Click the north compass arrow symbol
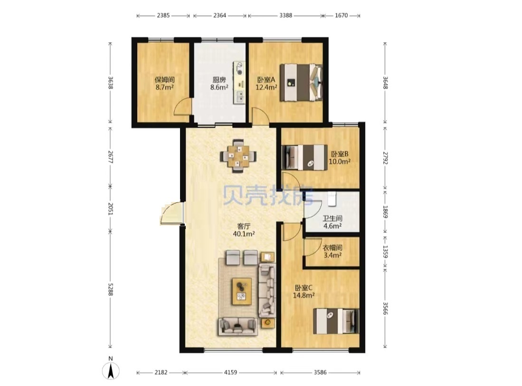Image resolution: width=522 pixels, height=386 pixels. click(x=111, y=370)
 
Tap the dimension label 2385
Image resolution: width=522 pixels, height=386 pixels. click(x=163, y=15)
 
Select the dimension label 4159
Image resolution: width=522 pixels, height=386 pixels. click(x=230, y=372)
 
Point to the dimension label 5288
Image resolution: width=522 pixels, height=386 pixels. click(x=111, y=289)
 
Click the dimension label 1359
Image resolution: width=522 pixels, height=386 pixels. click(x=385, y=252)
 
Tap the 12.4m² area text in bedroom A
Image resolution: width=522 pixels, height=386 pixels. click(x=266, y=87)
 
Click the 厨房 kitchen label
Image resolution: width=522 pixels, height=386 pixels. click(x=219, y=80)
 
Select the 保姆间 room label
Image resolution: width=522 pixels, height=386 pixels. click(x=164, y=80)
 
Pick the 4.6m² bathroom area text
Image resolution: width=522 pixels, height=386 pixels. click(x=332, y=226)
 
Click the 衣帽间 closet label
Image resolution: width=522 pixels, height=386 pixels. click(x=332, y=248)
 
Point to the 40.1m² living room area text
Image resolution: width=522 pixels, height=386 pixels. click(x=244, y=234)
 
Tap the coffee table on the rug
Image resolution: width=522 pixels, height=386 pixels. click(x=242, y=291)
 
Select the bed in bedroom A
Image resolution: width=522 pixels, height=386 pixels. click(x=301, y=83)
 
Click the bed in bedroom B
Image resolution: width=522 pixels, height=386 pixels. click(x=304, y=157)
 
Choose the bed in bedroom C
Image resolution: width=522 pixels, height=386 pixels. click(x=336, y=321)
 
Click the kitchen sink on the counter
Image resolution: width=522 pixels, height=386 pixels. click(x=239, y=97)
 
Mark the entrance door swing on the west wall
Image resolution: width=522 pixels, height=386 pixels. click(x=171, y=213)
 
